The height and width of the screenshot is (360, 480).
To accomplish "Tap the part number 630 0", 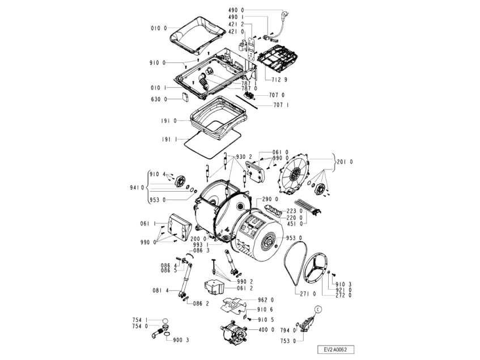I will pyautogui.click(x=159, y=100).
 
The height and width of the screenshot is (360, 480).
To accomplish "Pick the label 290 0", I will pyautogui.click(x=270, y=199).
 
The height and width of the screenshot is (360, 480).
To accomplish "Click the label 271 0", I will pyautogui.click(x=308, y=293).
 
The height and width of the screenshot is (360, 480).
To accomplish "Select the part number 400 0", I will pyautogui.click(x=266, y=329).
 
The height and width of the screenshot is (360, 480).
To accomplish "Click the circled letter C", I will pyautogui.click(x=318, y=309).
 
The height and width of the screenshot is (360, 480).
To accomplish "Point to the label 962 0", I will pyautogui.click(x=266, y=299).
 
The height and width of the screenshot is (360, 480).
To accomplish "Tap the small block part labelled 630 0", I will pyautogui.click(x=185, y=98).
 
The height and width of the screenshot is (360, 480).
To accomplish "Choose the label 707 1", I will pyautogui.click(x=281, y=105).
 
